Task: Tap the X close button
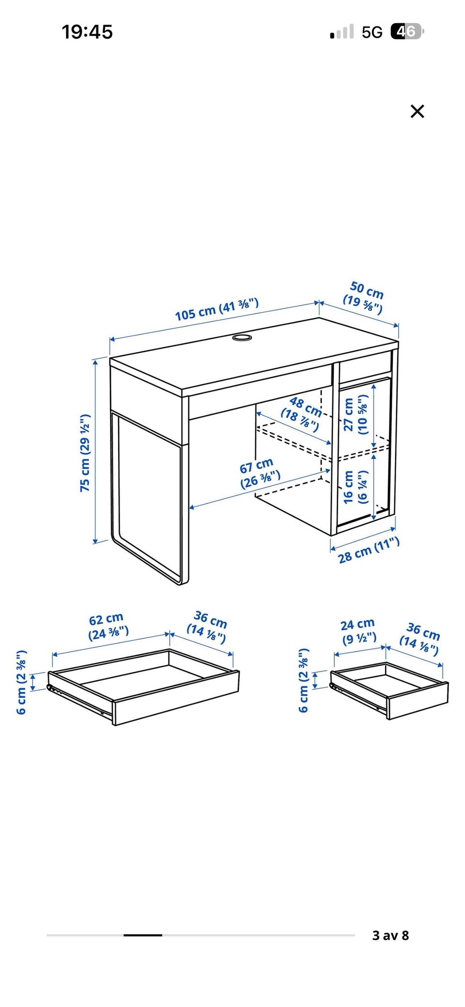point(417,111)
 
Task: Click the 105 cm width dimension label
point(217,310)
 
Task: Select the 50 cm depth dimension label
point(364,297)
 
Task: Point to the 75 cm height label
point(85,453)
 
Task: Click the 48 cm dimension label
point(302,414)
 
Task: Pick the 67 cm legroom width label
point(260,474)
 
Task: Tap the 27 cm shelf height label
point(356,414)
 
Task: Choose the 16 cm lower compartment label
point(356,487)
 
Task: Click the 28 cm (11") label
point(369,550)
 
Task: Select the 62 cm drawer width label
point(108,626)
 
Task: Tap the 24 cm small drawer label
point(359,631)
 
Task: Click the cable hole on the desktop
point(241,337)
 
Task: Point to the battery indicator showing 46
point(407,32)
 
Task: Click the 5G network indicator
point(372,32)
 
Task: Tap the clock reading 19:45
point(87,32)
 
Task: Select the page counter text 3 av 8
point(390,935)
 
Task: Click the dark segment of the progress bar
point(142,935)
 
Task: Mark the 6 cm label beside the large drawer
point(21,682)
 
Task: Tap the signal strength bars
point(342,32)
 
